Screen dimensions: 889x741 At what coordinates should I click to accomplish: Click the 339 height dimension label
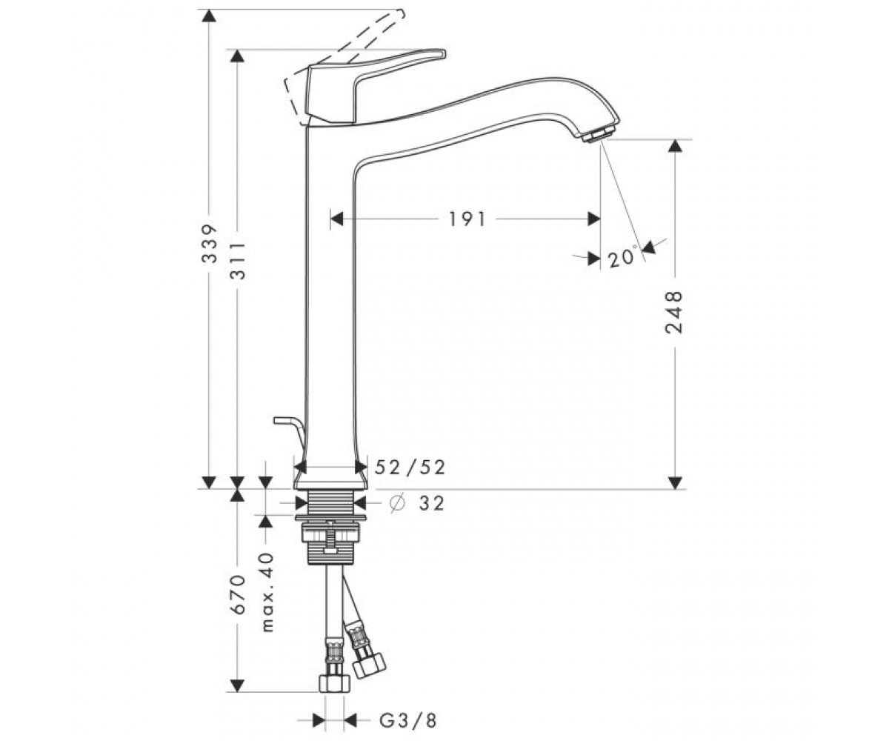click(209, 244)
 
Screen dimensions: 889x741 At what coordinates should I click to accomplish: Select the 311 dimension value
click(238, 261)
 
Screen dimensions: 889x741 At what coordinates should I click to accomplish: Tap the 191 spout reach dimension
click(467, 219)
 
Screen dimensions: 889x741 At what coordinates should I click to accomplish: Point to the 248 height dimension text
click(673, 312)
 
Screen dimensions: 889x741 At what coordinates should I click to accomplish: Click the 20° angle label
click(623, 258)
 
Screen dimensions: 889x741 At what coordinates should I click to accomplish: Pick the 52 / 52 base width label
click(410, 467)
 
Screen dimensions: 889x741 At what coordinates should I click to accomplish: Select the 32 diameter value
click(431, 503)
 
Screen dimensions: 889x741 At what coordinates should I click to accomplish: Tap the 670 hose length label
click(238, 594)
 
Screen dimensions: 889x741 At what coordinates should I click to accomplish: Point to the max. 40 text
click(267, 592)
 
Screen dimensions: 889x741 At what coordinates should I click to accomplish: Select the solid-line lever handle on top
click(376, 87)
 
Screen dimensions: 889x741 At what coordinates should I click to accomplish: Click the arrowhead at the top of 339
click(209, 16)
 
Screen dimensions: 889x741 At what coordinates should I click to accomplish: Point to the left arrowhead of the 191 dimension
click(337, 219)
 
